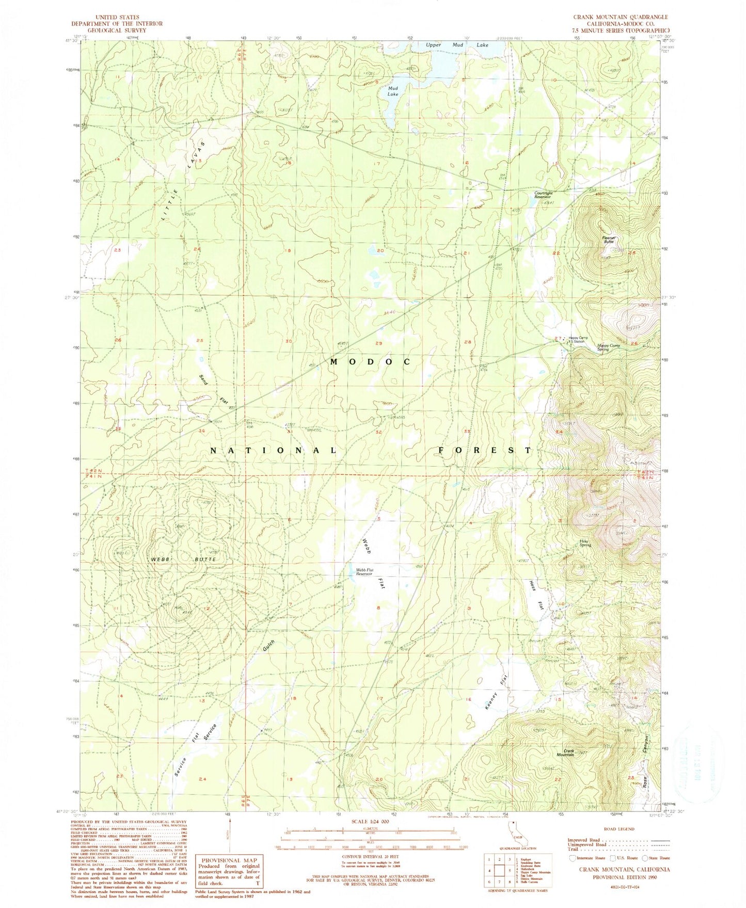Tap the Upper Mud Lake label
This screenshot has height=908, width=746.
(x=456, y=45)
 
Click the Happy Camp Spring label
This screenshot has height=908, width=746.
(x=609, y=347)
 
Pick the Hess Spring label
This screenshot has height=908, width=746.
(x=585, y=543)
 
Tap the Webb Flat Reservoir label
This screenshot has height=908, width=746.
(x=364, y=572)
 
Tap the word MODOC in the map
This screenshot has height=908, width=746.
(x=370, y=362)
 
